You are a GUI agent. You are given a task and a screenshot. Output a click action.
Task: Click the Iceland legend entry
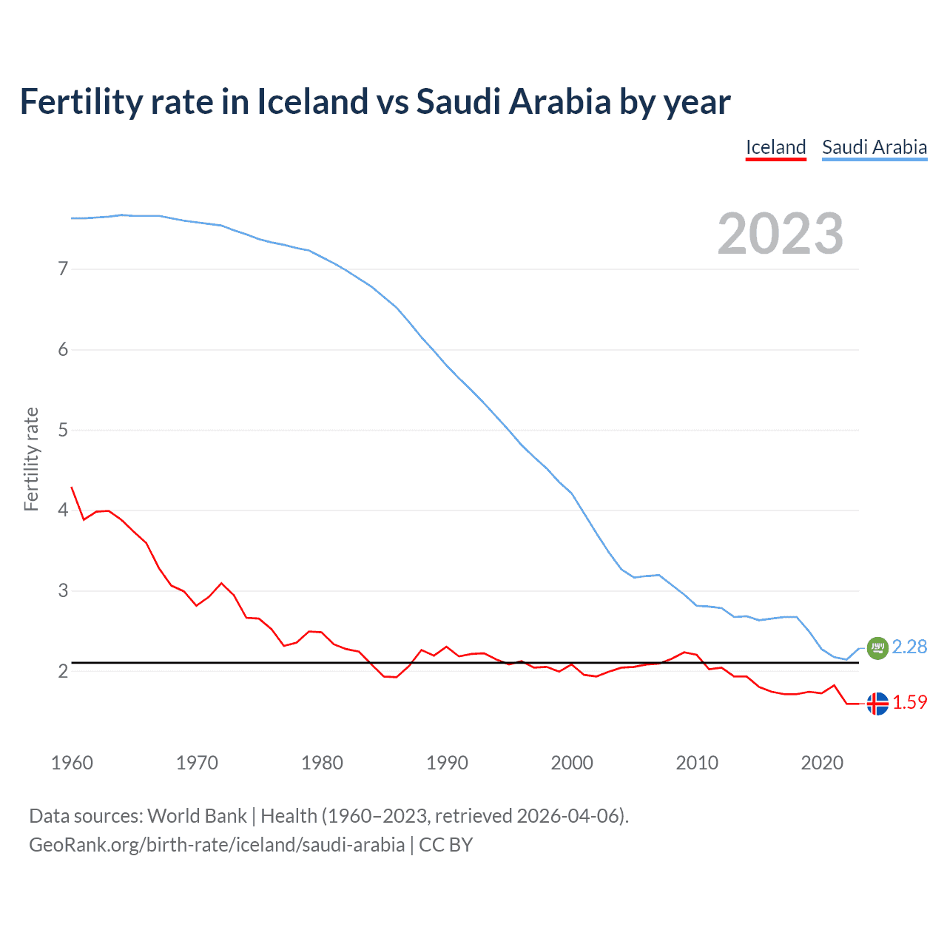click(x=775, y=147)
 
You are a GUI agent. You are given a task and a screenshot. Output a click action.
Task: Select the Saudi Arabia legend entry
click(x=874, y=147)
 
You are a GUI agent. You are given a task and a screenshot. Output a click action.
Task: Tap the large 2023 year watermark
click(x=781, y=234)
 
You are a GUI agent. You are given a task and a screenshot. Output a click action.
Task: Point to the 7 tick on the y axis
click(x=63, y=269)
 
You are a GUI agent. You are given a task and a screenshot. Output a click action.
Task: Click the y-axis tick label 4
click(x=63, y=510)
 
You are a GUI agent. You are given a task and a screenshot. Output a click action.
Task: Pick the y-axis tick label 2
click(x=63, y=671)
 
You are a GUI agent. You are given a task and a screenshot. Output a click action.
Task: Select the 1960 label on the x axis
click(x=72, y=763)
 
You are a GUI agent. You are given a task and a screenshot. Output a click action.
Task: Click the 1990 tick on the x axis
click(x=447, y=763)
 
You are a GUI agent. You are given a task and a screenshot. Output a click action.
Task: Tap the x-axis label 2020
click(x=822, y=763)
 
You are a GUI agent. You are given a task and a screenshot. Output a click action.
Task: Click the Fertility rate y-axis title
click(x=31, y=459)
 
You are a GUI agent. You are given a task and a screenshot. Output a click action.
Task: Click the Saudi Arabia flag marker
click(x=877, y=647)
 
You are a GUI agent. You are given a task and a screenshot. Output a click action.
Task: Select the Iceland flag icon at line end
click(x=877, y=704)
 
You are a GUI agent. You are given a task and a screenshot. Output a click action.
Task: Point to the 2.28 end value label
click(x=909, y=647)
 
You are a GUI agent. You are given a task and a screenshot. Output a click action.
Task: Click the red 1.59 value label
click(x=909, y=703)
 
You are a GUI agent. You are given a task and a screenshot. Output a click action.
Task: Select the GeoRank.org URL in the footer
click(x=217, y=845)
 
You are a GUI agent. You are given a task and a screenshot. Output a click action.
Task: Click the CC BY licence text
click(x=445, y=845)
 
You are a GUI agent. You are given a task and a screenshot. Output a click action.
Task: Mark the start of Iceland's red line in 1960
click(x=72, y=488)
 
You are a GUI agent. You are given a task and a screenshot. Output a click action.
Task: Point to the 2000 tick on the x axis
click(x=572, y=763)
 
